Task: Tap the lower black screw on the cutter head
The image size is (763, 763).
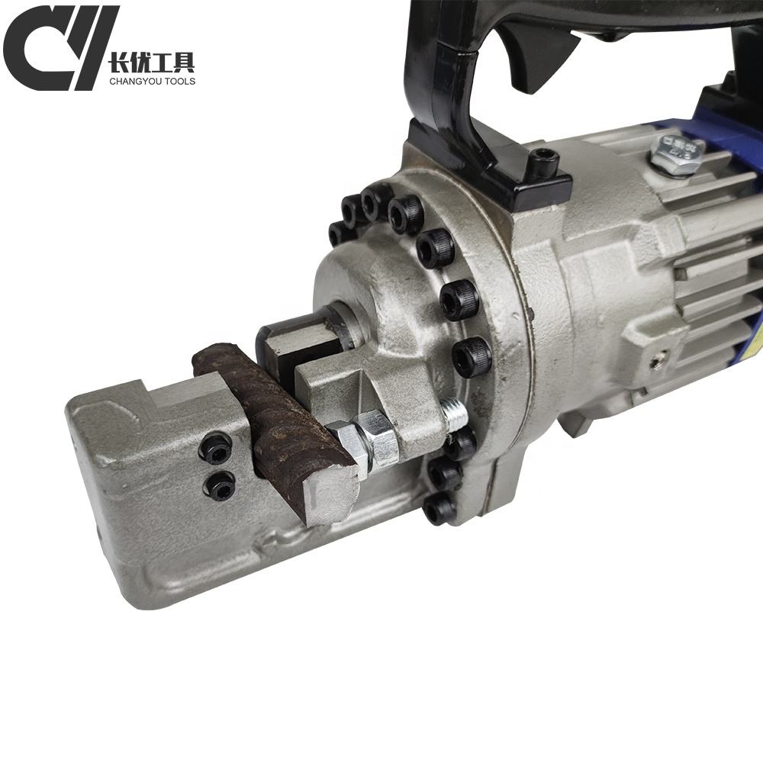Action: coord(221,486)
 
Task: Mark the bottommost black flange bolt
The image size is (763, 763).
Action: coord(439,509)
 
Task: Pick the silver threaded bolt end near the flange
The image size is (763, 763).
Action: coord(455,415)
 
